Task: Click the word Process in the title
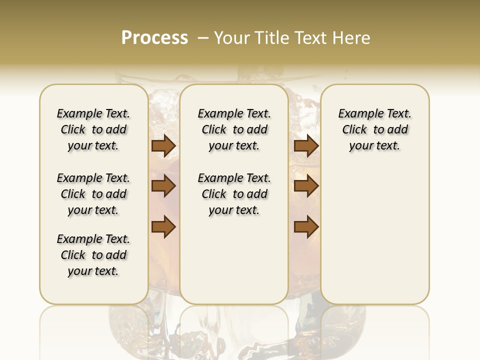tap(154, 37)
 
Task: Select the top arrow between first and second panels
tap(163, 145)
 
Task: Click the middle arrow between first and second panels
tap(163, 186)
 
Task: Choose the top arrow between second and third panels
tap(306, 145)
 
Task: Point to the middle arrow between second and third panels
tap(306, 186)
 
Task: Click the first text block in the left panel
tap(93, 129)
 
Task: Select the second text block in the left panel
tap(93, 194)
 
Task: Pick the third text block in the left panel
tap(93, 255)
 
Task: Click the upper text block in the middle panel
tap(234, 129)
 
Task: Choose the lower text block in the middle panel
tap(234, 194)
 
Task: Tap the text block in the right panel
tap(374, 129)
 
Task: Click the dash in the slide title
tap(203, 38)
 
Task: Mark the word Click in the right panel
tap(354, 130)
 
